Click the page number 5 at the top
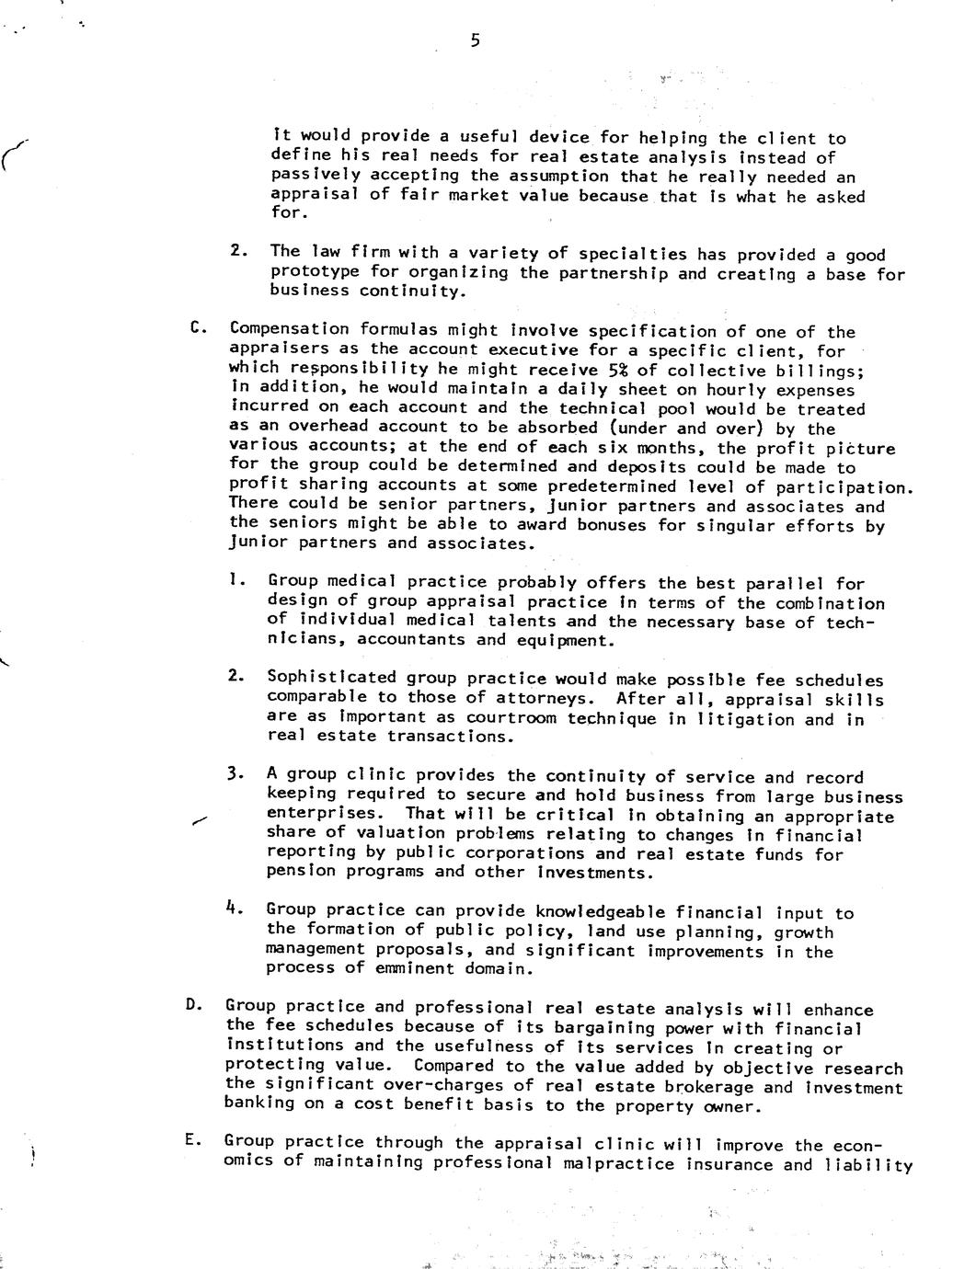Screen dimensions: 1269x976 click(475, 40)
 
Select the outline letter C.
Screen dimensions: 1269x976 click(195, 327)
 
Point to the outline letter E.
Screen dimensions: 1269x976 click(190, 1140)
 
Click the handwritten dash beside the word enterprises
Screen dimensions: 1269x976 click(201, 821)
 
